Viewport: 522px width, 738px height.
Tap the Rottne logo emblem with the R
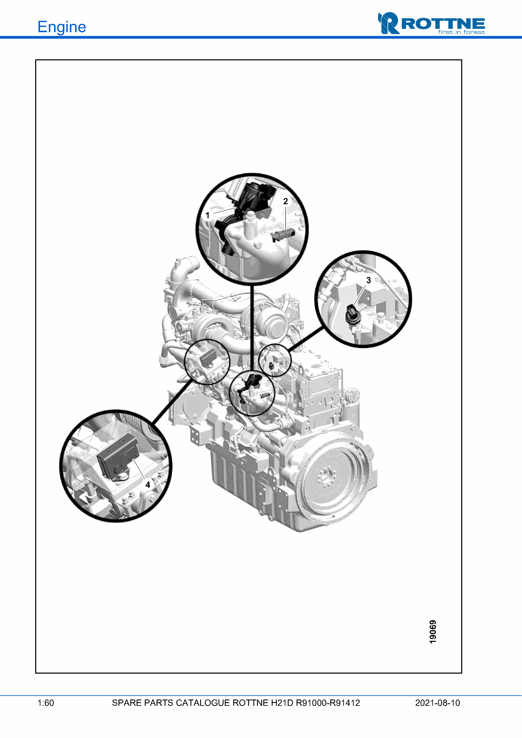pyautogui.click(x=389, y=23)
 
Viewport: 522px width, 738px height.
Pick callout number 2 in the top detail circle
pyautogui.click(x=285, y=201)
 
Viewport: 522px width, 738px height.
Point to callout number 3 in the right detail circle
pyautogui.click(x=369, y=280)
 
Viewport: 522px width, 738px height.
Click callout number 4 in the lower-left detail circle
pyautogui.click(x=148, y=485)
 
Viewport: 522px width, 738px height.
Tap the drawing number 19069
pyautogui.click(x=433, y=632)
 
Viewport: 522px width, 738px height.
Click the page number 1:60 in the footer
pyautogui.click(x=46, y=703)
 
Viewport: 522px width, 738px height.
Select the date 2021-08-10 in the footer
pyautogui.click(x=437, y=703)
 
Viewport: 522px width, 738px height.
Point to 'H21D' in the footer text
pyautogui.click(x=282, y=703)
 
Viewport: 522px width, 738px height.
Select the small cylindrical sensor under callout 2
pyautogui.click(x=283, y=236)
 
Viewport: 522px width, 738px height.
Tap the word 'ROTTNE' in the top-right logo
pyautogui.click(x=443, y=24)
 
